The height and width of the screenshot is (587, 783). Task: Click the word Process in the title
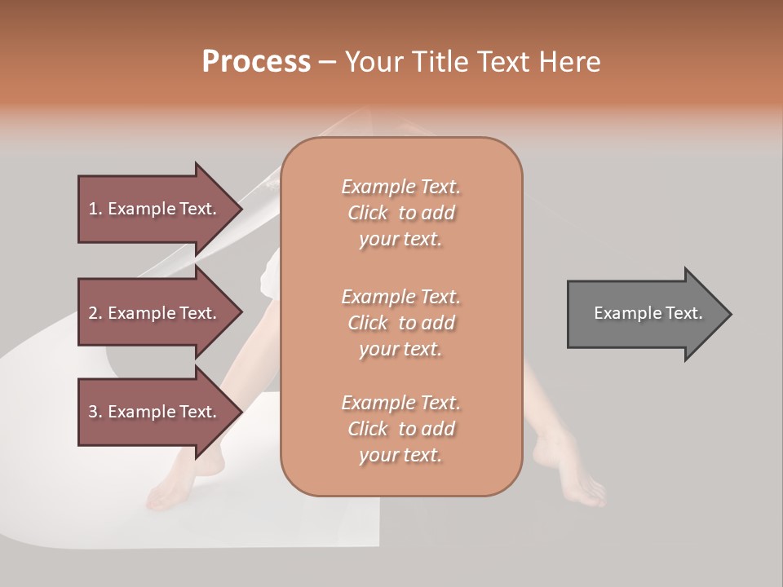pos(256,61)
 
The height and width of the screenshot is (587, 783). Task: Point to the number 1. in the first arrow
pos(95,209)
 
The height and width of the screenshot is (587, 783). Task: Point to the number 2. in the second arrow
pos(95,313)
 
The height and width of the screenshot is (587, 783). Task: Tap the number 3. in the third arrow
pos(95,412)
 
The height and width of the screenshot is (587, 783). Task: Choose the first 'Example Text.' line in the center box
pos(400,187)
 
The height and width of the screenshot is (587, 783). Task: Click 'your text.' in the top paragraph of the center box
pos(400,240)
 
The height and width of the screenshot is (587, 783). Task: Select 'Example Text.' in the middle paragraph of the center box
pos(400,297)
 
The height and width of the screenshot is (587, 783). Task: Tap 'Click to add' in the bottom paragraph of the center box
pos(400,429)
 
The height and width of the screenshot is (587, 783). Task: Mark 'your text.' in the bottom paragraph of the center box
pos(400,456)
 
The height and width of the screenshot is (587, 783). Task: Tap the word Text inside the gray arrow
pos(683,313)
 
